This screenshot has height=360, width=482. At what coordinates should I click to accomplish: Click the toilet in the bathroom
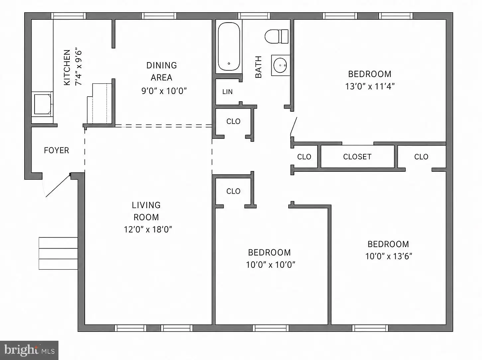point(276,37)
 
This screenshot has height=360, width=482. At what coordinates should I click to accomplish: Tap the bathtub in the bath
point(229,46)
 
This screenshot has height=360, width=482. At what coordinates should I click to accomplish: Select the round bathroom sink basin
point(280,65)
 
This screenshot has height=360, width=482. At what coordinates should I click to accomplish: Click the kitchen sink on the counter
point(43,104)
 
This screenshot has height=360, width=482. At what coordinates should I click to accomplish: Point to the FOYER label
point(56,150)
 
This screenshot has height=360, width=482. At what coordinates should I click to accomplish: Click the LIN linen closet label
point(227,92)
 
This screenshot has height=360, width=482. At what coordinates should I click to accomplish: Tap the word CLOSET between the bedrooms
point(357,157)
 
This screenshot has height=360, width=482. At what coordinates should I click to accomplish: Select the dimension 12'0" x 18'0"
point(148,229)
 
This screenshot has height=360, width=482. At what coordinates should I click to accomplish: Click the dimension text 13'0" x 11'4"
point(370,86)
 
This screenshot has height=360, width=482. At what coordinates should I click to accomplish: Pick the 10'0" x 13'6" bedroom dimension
point(388,256)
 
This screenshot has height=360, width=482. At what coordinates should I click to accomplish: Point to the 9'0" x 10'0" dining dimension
point(164,91)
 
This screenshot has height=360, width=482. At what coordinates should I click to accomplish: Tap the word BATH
point(259,67)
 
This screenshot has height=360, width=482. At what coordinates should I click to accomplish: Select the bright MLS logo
point(29,350)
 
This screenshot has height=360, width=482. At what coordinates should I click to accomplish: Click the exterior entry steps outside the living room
point(58,253)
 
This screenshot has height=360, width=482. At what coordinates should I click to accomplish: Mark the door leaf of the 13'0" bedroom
point(294,126)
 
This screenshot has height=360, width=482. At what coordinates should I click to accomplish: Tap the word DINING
point(162,65)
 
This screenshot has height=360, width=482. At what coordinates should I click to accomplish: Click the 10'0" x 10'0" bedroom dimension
point(270,265)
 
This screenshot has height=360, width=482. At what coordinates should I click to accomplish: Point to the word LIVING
point(146,205)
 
